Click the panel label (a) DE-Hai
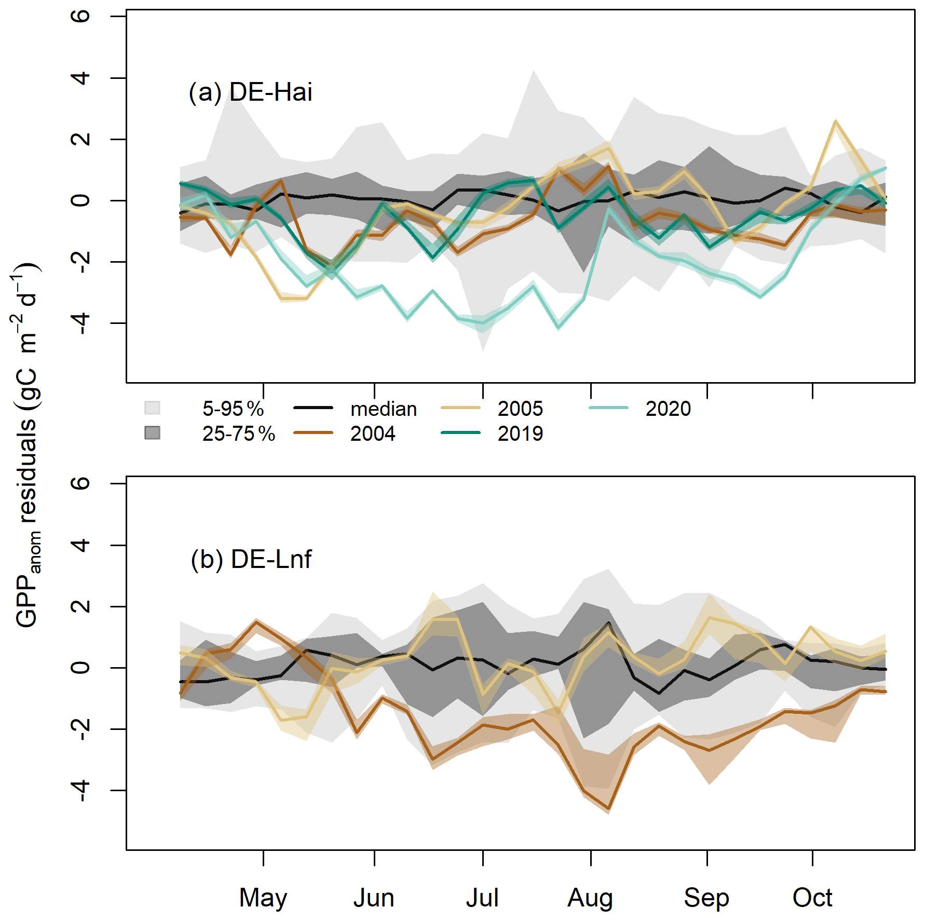[250, 92]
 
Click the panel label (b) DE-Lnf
[251, 559]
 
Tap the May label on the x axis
[263, 898]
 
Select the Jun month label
[374, 898]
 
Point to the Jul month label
[482, 898]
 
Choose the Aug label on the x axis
[590, 898]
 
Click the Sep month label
[706, 898]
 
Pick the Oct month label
[812, 898]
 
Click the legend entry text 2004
[373, 434]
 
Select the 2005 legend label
[520, 409]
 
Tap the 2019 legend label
[520, 434]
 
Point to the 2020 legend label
[668, 409]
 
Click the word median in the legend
[384, 409]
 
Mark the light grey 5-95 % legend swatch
[152, 408]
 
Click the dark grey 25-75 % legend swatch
[152, 432]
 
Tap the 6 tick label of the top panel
[80, 16]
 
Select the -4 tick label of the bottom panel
[80, 790]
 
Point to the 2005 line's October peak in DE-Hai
[835, 121]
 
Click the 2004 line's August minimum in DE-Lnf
[608, 809]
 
